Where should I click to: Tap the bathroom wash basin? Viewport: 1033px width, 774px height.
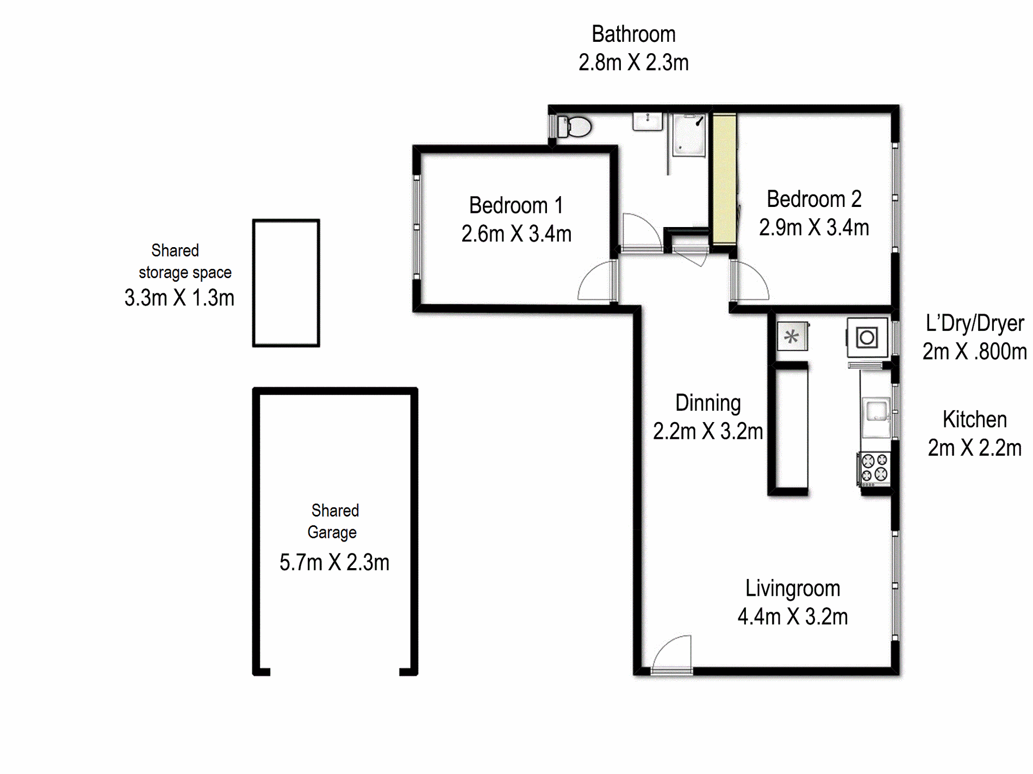647,121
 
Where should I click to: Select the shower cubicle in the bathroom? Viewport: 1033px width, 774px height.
688,135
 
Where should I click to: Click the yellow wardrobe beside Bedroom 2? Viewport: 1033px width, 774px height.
724,179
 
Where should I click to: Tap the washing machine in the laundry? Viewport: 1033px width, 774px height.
867,337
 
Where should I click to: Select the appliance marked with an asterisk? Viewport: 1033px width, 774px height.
792,337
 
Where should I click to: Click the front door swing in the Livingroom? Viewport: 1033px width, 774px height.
673,654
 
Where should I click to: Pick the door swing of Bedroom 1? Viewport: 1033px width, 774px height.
597,281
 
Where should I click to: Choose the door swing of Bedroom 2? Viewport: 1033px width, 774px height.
750,281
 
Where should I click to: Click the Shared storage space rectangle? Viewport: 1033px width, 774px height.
286,283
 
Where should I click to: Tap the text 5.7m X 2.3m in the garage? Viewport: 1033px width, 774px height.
334,563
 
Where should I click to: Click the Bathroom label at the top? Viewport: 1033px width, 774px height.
633,34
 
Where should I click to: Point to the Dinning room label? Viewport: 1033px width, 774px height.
708,403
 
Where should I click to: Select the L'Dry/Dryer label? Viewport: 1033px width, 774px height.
974,323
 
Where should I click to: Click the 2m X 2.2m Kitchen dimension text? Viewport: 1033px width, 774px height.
974,448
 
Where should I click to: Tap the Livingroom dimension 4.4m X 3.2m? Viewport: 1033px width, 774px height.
792,617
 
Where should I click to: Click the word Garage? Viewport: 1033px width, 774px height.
332,532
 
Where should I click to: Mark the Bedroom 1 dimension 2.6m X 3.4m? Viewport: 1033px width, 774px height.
516,234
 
